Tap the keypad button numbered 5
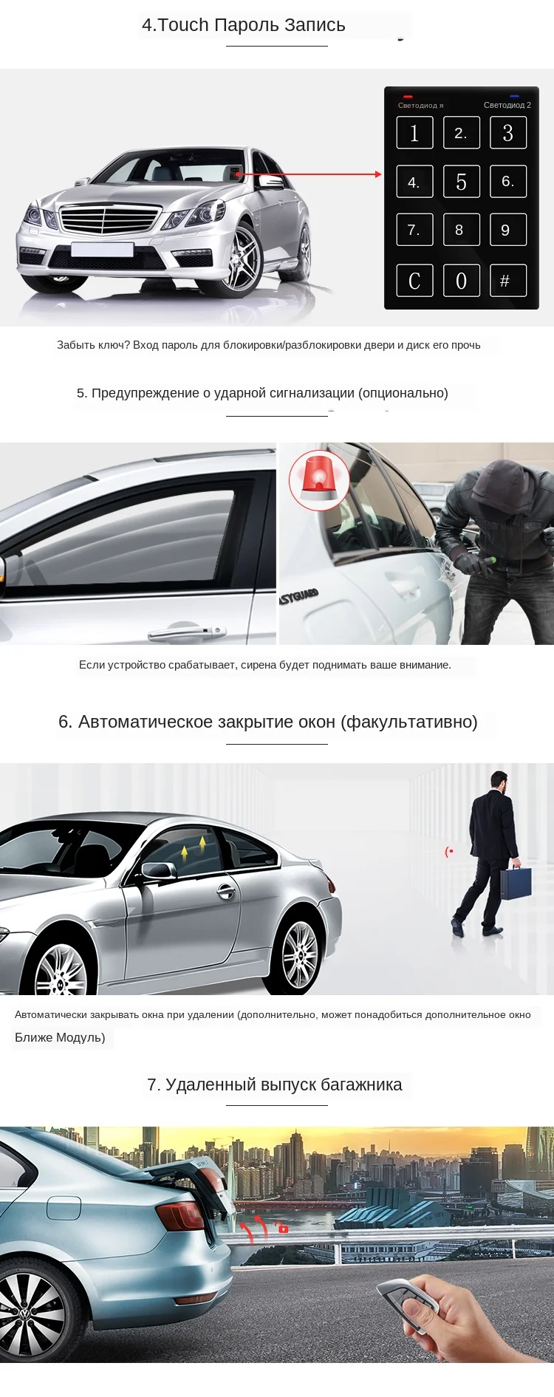[461, 181]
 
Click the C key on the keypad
[414, 280]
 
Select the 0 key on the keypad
[461, 280]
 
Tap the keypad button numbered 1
[414, 133]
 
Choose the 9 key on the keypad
[507, 230]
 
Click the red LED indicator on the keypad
[408, 97]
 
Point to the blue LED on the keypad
[514, 97]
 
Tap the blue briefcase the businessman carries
[516, 882]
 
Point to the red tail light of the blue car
[181, 1215]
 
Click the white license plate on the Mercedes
[102, 249]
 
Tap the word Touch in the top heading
[183, 25]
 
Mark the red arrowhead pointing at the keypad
[378, 174]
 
